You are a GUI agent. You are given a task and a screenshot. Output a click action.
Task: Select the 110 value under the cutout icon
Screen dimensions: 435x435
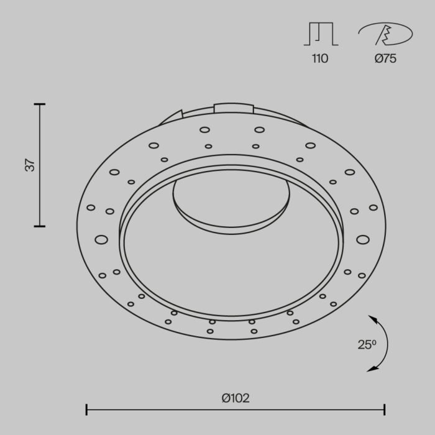319,59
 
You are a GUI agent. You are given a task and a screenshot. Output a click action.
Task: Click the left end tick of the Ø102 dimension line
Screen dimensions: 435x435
86,409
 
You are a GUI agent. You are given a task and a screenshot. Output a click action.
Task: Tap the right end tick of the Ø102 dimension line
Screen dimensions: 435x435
385,409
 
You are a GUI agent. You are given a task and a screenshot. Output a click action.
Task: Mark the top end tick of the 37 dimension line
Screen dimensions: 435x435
40,104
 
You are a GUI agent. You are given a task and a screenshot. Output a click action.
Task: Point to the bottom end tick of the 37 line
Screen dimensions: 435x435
40,226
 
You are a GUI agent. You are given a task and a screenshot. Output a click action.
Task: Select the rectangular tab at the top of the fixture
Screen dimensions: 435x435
234,108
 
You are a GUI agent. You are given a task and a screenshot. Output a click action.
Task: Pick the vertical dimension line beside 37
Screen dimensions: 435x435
40,165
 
